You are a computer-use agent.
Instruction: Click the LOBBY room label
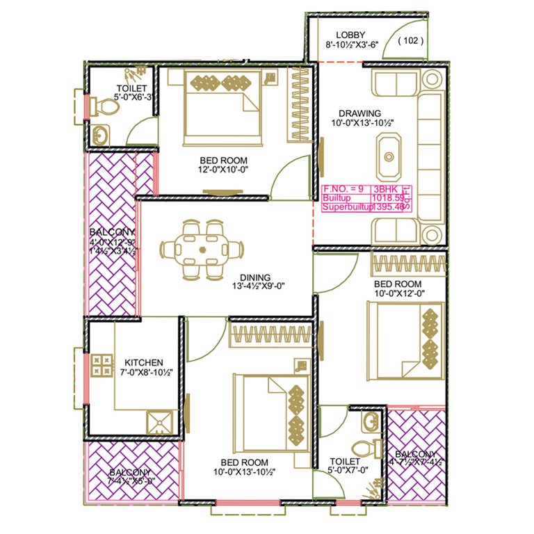pyautogui.click(x=350, y=35)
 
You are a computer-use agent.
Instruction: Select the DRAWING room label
pyautogui.click(x=359, y=113)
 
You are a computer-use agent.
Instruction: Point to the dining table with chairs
pyautogui.click(x=202, y=248)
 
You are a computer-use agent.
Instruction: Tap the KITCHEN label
pyautogui.click(x=144, y=362)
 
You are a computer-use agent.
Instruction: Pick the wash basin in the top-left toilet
pyautogui.click(x=99, y=136)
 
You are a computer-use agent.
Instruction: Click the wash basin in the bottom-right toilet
pyautogui.click(x=371, y=421)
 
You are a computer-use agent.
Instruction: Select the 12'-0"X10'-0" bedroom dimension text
pyautogui.click(x=224, y=168)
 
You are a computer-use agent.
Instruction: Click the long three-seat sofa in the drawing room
pyautogui.click(x=430, y=156)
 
